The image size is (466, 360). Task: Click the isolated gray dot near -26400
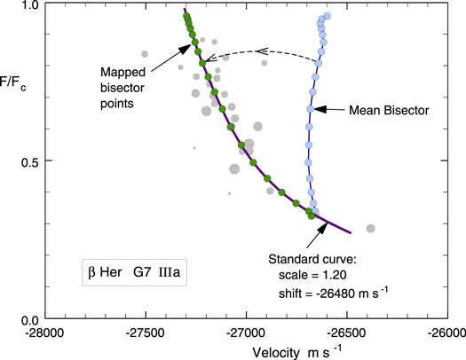(x=371, y=229)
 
